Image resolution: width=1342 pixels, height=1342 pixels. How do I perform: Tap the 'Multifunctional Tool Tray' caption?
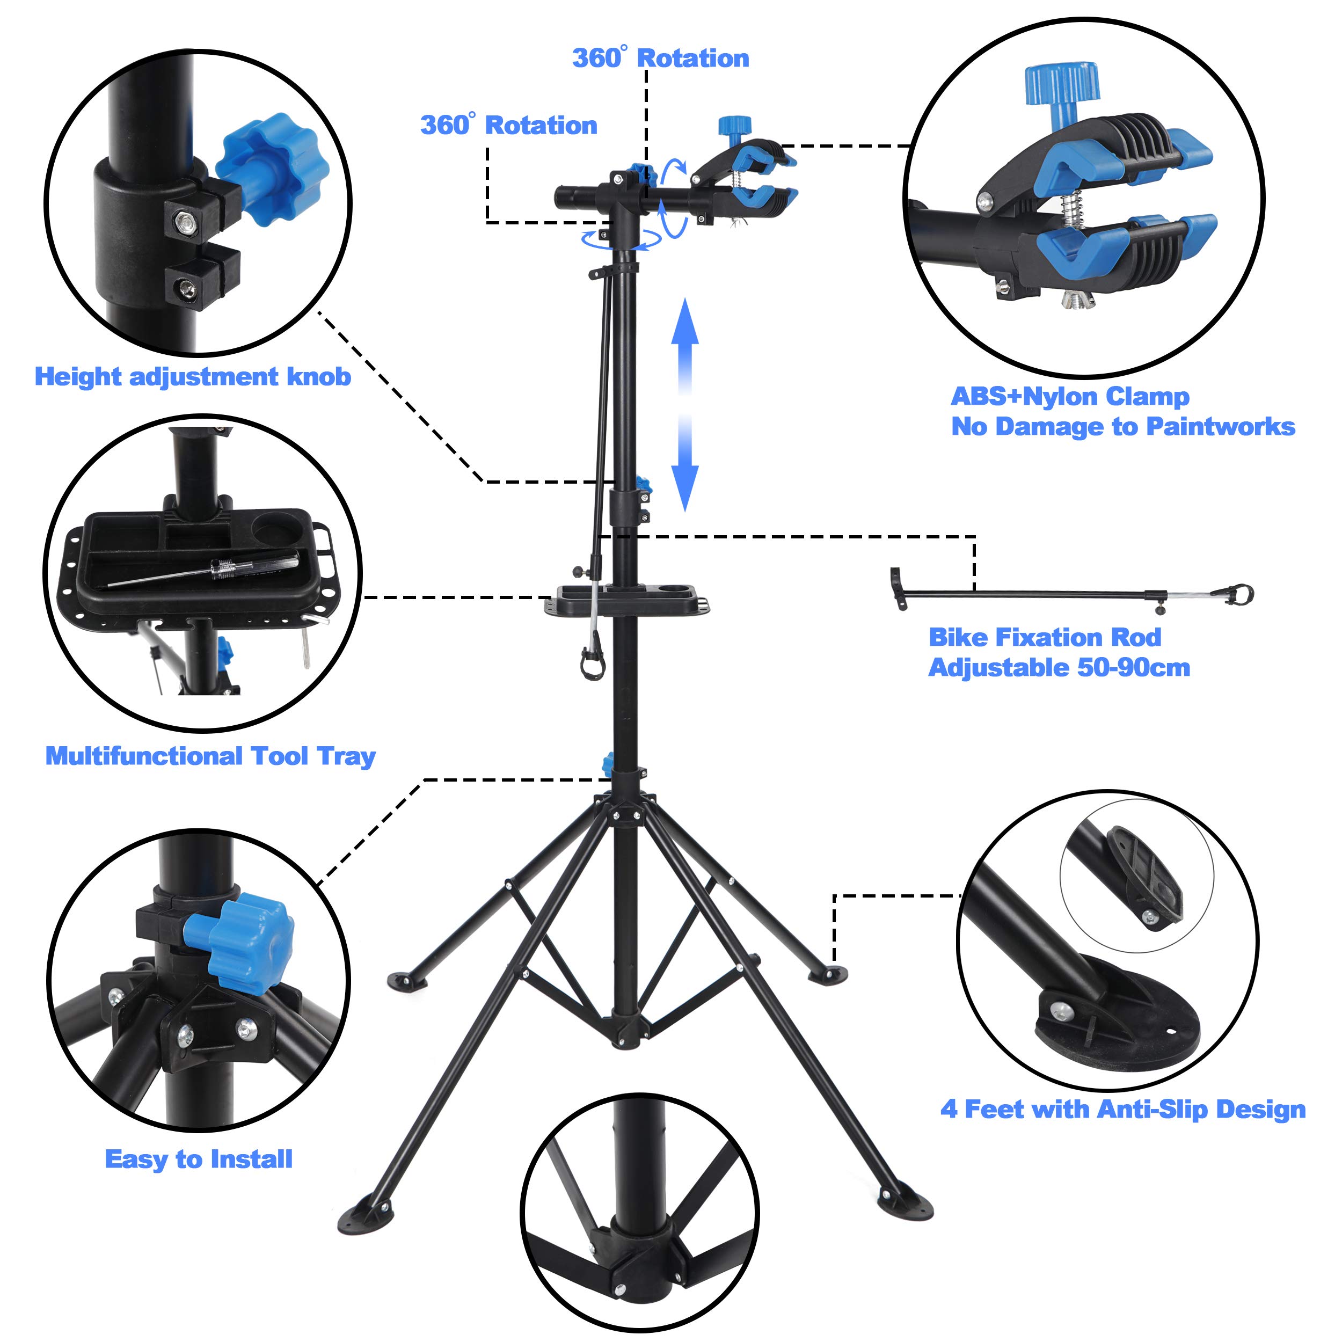[x=210, y=756]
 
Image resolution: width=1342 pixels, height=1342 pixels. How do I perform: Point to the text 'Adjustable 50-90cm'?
[x=1059, y=668]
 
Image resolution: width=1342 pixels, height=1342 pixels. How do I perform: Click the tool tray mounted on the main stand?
[x=626, y=600]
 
